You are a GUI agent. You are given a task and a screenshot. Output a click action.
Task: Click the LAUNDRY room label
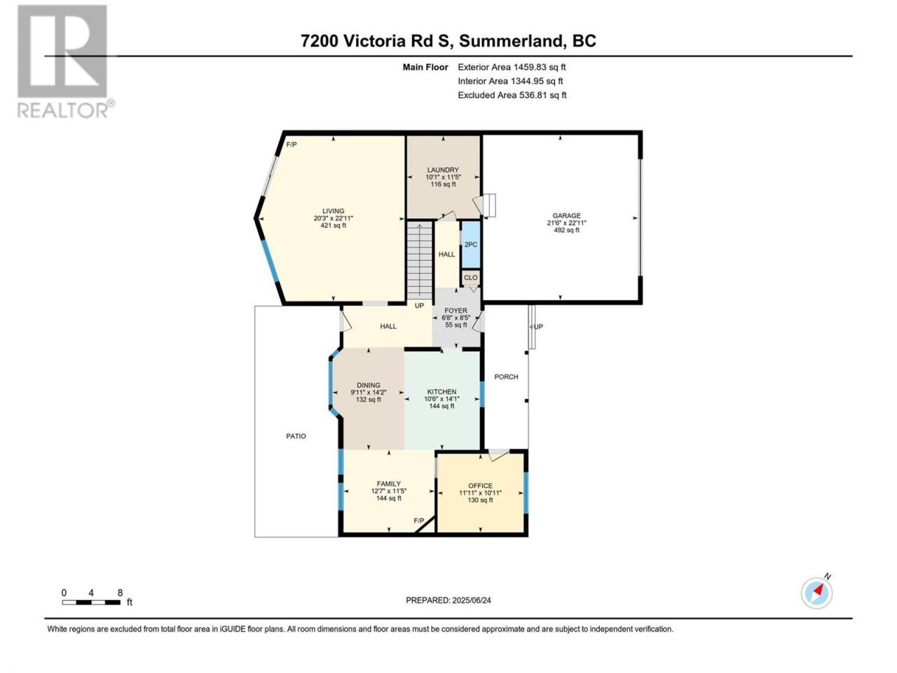click(x=443, y=170)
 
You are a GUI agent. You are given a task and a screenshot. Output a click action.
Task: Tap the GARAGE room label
click(x=566, y=216)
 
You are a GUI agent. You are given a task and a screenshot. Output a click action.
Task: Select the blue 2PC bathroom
click(x=471, y=245)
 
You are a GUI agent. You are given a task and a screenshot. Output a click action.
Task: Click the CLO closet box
click(x=471, y=278)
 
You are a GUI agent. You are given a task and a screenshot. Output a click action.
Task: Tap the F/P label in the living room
click(x=292, y=144)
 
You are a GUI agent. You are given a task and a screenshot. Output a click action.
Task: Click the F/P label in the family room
click(x=419, y=521)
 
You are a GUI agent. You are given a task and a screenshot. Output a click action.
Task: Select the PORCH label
click(x=506, y=376)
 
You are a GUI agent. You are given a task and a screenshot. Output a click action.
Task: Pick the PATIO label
click(x=296, y=436)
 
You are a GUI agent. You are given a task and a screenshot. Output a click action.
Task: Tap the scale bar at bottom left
click(x=91, y=602)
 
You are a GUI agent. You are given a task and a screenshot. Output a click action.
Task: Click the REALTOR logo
click(x=65, y=61)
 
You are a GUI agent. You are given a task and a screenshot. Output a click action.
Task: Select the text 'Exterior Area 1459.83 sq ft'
click(x=512, y=67)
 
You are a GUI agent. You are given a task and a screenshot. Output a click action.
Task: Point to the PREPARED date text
click(x=448, y=600)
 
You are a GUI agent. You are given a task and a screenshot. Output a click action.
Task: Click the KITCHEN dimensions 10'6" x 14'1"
click(x=441, y=399)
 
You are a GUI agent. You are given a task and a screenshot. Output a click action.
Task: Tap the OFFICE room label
click(x=480, y=486)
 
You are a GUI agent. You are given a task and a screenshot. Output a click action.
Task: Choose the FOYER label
click(x=456, y=311)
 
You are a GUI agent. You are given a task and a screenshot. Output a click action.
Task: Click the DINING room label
click(x=368, y=386)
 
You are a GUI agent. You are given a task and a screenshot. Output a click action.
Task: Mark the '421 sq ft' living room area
click(x=334, y=226)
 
